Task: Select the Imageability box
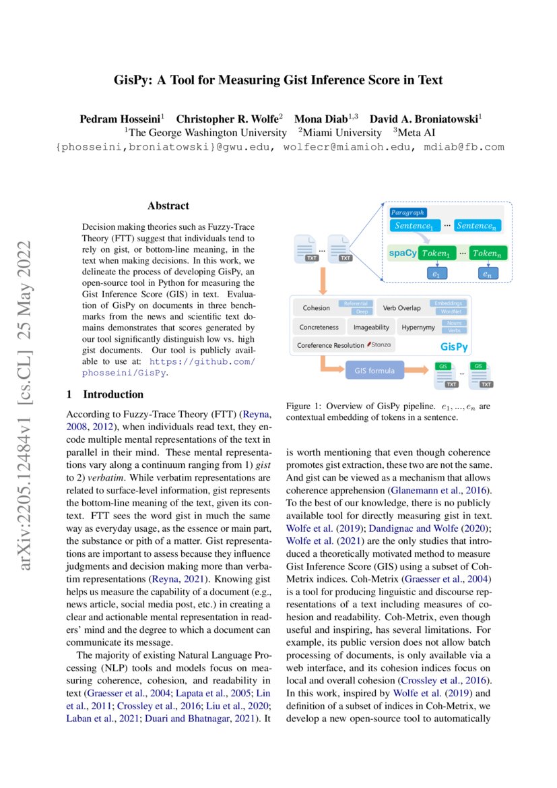pyautogui.click(x=371, y=327)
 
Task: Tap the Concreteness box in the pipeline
pyautogui.click(x=319, y=327)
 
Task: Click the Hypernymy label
pyautogui.click(x=418, y=327)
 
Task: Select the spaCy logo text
pyautogui.click(x=402, y=253)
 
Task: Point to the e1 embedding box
pyautogui.click(x=436, y=274)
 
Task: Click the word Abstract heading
pyautogui.click(x=168, y=206)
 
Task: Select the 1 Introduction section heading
pyautogui.click(x=105, y=394)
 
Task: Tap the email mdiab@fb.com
pyautogui.click(x=469, y=146)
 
